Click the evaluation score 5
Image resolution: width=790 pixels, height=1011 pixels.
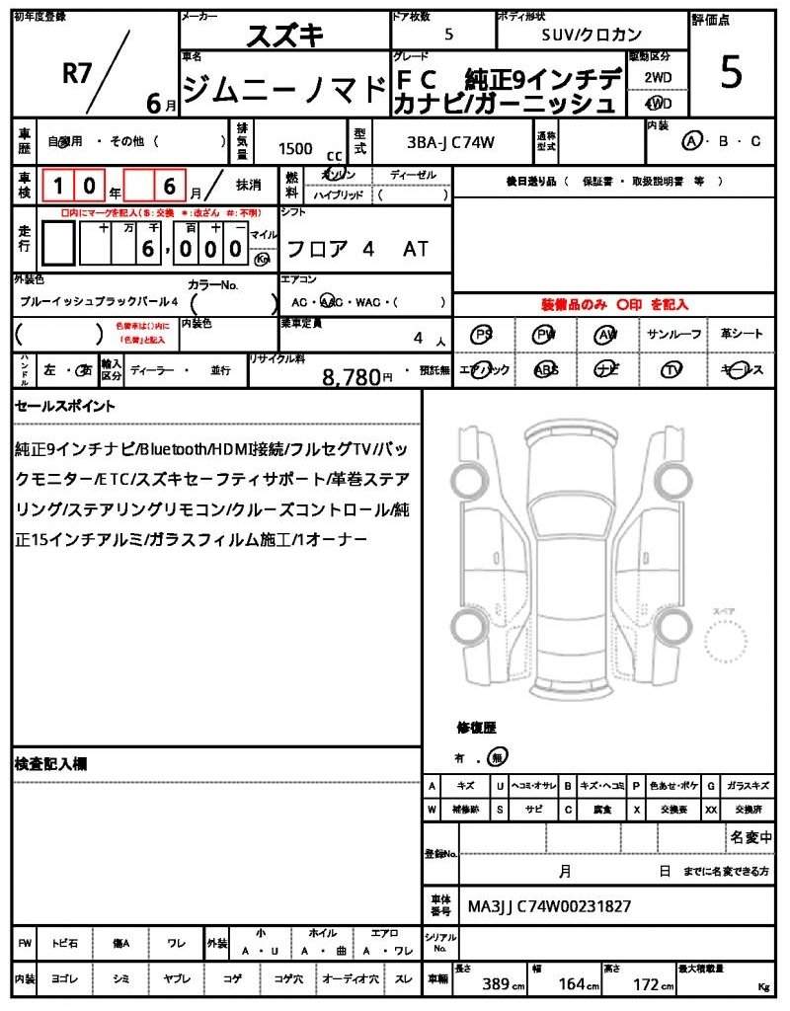[731, 74]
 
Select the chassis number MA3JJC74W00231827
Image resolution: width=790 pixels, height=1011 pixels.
[549, 905]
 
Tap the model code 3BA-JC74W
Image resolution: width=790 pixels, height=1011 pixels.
[451, 143]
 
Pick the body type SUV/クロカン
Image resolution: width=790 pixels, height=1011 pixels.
[592, 34]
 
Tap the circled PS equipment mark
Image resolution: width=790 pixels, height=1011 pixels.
[483, 335]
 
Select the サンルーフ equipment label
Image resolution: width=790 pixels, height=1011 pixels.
[674, 335]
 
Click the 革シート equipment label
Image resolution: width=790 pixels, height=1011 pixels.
[741, 335]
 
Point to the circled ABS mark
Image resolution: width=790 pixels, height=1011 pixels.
[545, 370]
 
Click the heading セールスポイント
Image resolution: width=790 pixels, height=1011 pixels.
[64, 405]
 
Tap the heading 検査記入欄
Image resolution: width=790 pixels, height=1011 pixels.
[51, 763]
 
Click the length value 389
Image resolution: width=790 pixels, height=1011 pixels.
[496, 984]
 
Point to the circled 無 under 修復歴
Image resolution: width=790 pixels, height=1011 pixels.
[499, 756]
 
